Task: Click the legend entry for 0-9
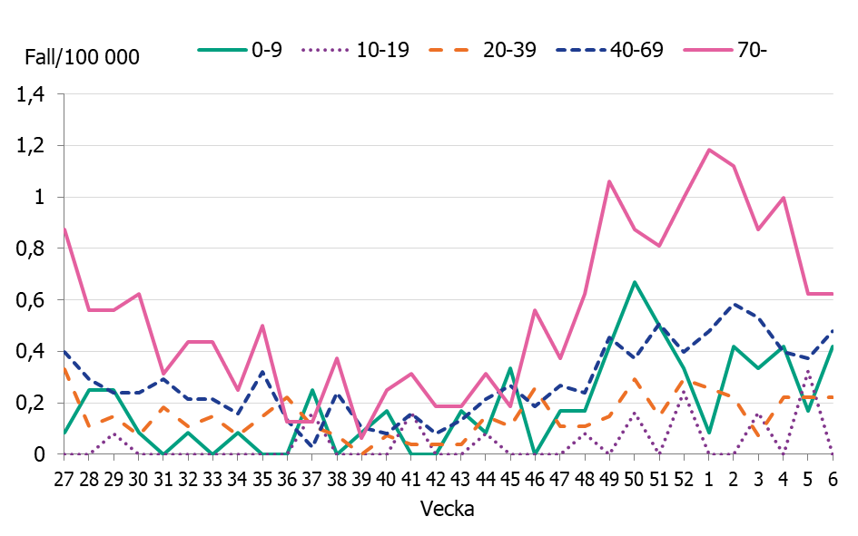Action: tap(241, 50)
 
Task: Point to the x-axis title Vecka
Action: tap(448, 509)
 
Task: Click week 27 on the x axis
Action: tap(64, 477)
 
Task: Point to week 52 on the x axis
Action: tap(683, 477)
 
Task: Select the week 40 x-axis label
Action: tap(386, 477)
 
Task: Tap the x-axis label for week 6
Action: tap(832, 477)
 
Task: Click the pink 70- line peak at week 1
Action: tap(708, 150)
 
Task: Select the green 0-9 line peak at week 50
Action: tap(634, 282)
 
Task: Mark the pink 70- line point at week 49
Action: tap(609, 181)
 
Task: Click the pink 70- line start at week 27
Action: tap(64, 229)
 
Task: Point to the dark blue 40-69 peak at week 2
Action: tap(733, 304)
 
